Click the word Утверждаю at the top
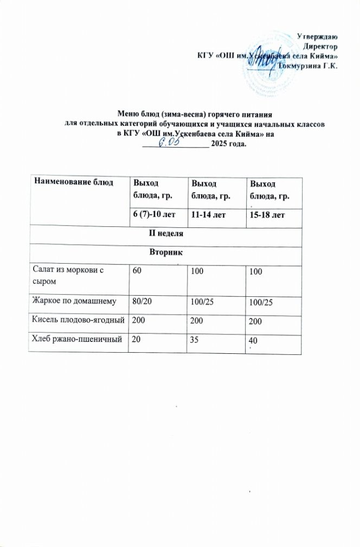(319, 37)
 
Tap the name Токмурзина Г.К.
(307, 66)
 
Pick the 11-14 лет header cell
(204, 216)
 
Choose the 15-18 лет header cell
(266, 217)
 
